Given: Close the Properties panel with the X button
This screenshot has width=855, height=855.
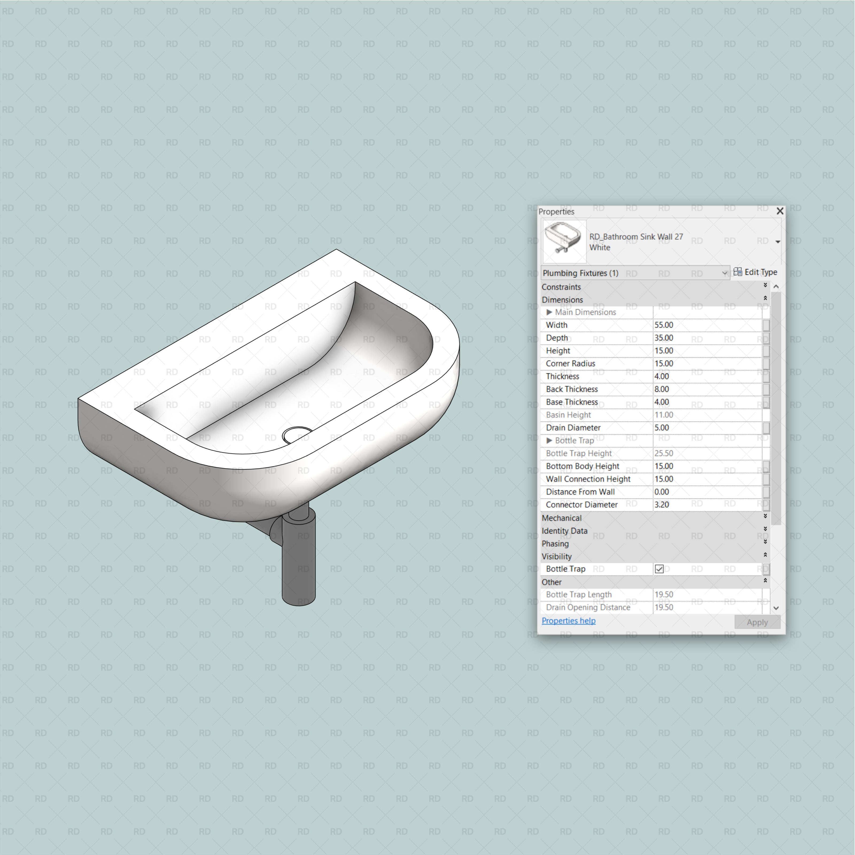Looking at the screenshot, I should click(780, 211).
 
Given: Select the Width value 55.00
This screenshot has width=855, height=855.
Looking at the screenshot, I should click(664, 325).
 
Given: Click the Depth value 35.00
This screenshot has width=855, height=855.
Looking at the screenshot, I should click(664, 338).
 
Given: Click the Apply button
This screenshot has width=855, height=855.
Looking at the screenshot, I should click(757, 622).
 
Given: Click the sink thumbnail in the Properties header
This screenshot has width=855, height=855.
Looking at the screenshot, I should click(564, 241).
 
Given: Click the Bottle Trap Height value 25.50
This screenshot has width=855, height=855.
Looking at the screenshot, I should click(664, 453).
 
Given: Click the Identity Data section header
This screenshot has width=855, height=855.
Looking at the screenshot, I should click(564, 531).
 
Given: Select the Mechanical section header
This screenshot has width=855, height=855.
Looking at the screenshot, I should click(561, 518).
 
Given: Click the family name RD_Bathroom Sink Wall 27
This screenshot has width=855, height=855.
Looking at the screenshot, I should click(636, 237).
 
